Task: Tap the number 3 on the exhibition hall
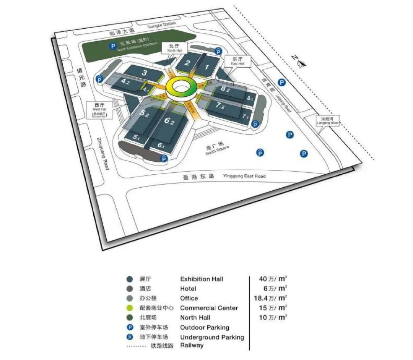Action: coord(145,73)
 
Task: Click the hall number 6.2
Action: coord(169,122)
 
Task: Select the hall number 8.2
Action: coord(225,89)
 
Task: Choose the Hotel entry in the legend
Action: coord(188,289)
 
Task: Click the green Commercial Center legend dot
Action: coord(130,308)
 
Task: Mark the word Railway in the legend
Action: coord(192,345)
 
